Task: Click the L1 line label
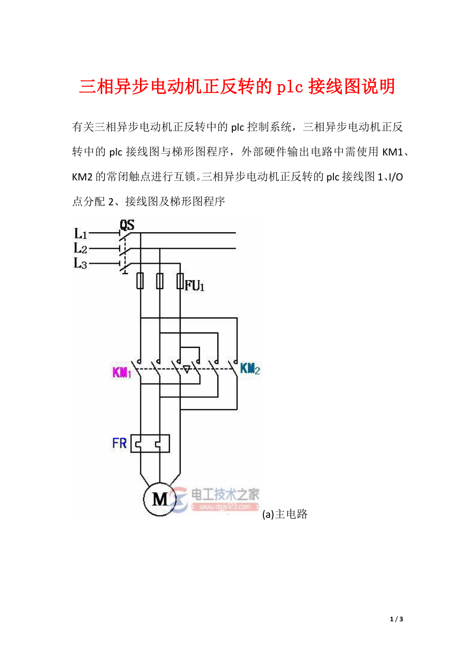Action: [81, 233]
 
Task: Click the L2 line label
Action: [81, 248]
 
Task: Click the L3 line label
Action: [81, 264]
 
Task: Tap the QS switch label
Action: [127, 225]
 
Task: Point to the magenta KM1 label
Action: [122, 372]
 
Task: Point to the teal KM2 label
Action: [250, 369]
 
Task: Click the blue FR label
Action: [119, 443]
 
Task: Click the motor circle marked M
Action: [160, 499]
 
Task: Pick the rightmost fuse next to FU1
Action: [180, 281]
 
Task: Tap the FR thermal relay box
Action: [150, 443]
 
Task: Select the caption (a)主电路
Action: [285, 514]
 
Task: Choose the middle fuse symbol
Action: [160, 281]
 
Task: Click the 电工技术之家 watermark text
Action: [226, 495]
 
